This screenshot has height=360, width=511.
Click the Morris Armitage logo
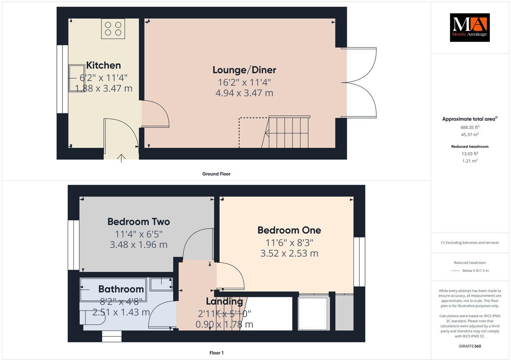click(x=469, y=27)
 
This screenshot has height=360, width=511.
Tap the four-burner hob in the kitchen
click(x=113, y=29)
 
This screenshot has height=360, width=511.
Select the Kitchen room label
click(x=103, y=65)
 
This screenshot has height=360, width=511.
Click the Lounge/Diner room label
click(x=244, y=70)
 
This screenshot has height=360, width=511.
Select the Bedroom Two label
click(x=139, y=222)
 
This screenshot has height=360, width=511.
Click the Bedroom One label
click(x=289, y=230)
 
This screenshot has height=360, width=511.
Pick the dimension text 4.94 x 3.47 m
click(x=244, y=93)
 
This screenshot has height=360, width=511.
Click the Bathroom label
click(x=121, y=289)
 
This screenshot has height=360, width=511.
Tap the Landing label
click(x=224, y=301)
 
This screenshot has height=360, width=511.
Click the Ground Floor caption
click(x=216, y=174)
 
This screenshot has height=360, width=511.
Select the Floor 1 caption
click(x=217, y=353)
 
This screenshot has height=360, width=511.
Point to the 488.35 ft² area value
click(x=469, y=127)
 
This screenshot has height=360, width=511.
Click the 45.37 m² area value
click(x=469, y=135)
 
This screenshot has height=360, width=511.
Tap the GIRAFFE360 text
click(x=469, y=346)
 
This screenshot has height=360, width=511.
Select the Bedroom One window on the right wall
click(x=359, y=262)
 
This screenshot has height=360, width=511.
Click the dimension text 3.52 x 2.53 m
click(x=289, y=253)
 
